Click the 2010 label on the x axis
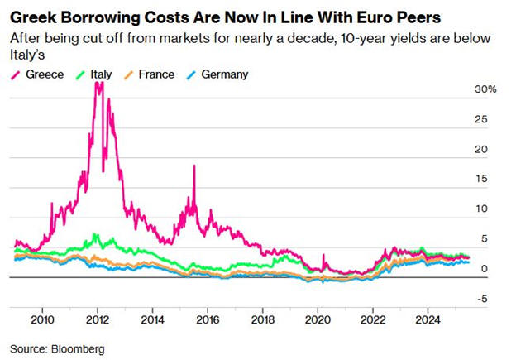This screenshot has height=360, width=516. click(x=42, y=318)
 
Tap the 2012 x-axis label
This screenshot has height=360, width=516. click(x=98, y=318)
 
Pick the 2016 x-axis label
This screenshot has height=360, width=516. click(x=208, y=318)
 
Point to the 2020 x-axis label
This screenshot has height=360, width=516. click(x=318, y=318)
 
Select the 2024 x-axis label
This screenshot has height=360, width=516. click(x=428, y=318)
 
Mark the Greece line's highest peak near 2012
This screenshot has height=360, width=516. click(x=98, y=83)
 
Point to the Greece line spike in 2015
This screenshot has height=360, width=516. click(x=193, y=166)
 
